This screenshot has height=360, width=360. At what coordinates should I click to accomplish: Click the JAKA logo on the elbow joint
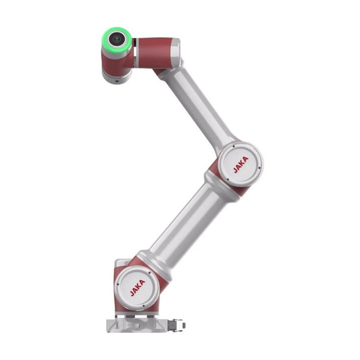[241, 165]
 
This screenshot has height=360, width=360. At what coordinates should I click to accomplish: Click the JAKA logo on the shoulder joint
[138, 288]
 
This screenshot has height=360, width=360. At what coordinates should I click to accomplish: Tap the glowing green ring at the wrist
[117, 40]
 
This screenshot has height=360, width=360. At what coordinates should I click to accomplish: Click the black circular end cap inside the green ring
[116, 38]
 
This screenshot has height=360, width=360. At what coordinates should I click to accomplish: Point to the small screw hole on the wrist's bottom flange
[117, 81]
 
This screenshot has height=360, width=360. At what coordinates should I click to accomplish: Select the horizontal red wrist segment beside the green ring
[155, 53]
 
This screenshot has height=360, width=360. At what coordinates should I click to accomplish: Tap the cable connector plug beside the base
[176, 325]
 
